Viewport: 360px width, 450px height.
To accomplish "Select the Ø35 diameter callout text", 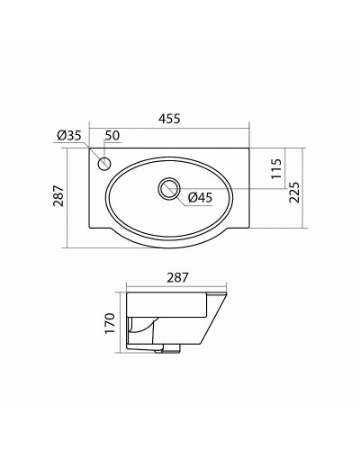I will [69, 136].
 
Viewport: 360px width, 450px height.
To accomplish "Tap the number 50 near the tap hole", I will [112, 136].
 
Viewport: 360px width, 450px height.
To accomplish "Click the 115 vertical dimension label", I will [275, 167].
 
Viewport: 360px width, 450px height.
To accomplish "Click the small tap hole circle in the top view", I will [103, 164].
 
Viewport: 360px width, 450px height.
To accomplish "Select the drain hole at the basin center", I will [167, 189].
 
